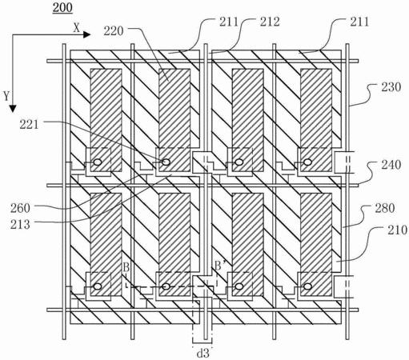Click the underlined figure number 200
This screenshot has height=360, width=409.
(x=62, y=7)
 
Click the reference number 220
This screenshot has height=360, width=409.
(x=114, y=31)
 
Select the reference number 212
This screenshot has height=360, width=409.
(x=270, y=22)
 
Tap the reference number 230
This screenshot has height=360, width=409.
(x=391, y=87)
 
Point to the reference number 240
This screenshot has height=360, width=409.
(x=391, y=165)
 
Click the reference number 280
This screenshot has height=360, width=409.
(x=385, y=208)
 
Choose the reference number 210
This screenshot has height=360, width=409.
(x=398, y=230)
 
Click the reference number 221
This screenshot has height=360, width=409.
(x=29, y=125)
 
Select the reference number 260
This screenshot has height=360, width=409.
(x=20, y=208)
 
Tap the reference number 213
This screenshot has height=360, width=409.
(x=20, y=225)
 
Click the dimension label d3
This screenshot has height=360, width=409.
(x=202, y=354)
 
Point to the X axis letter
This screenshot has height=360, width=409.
(x=77, y=28)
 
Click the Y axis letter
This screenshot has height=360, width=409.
(x=6, y=96)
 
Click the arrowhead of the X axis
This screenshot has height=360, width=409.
(x=87, y=34)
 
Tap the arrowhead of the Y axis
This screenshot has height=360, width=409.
(x=13, y=109)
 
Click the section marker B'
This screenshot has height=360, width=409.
(x=220, y=266)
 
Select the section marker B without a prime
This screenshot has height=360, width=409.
(x=126, y=266)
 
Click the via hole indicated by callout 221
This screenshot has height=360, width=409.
(x=166, y=162)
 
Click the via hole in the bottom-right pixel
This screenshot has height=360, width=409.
(x=308, y=286)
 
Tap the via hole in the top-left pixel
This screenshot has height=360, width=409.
(x=98, y=162)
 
